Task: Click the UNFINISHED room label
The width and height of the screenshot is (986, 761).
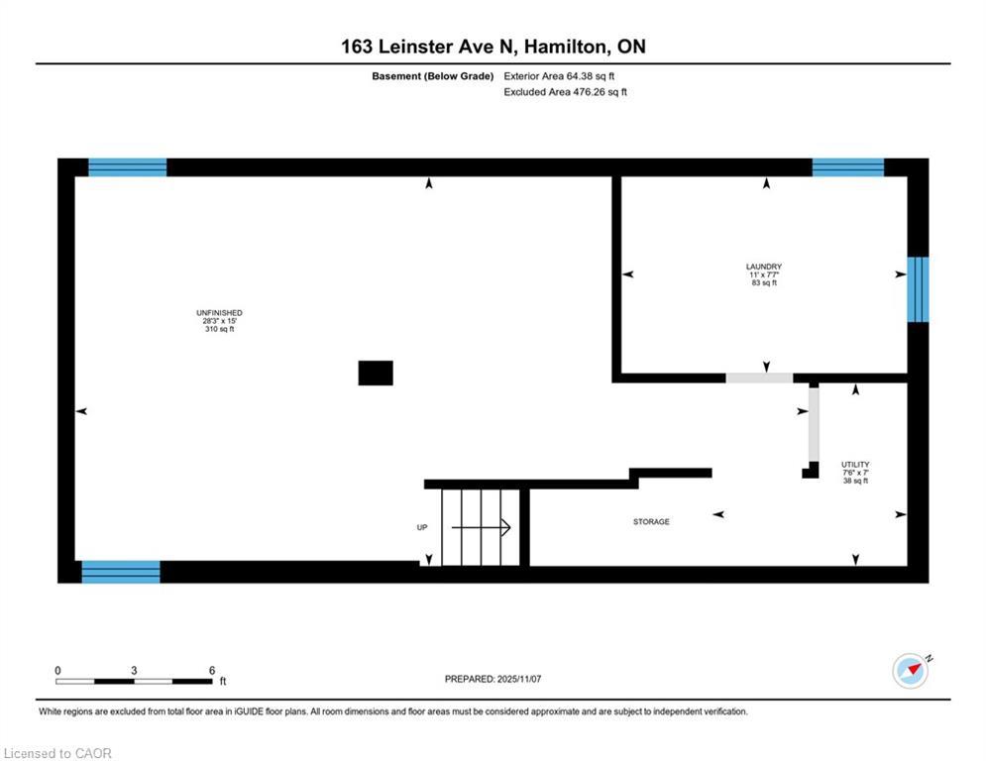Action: pyautogui.click(x=219, y=312)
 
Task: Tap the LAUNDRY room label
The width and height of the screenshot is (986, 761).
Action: pyautogui.click(x=764, y=267)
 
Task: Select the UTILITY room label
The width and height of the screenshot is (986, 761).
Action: pyautogui.click(x=855, y=465)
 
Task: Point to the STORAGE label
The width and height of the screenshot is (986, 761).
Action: pyautogui.click(x=651, y=521)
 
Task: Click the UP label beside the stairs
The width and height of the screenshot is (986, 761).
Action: pyautogui.click(x=422, y=527)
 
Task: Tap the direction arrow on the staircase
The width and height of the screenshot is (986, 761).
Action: pyautogui.click(x=481, y=527)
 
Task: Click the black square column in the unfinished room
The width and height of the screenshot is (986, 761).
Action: pyautogui.click(x=376, y=373)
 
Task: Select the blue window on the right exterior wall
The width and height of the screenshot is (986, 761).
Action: pyautogui.click(x=918, y=289)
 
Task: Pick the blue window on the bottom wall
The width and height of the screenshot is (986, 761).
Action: pyautogui.click(x=121, y=572)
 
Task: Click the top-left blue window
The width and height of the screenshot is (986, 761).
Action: pyautogui.click(x=128, y=167)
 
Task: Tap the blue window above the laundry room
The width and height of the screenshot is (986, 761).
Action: pyautogui.click(x=848, y=167)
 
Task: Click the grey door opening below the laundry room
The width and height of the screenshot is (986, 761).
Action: pyautogui.click(x=760, y=378)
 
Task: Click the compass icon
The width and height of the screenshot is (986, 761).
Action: pyautogui.click(x=911, y=671)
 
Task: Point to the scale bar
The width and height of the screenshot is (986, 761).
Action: pyautogui.click(x=134, y=681)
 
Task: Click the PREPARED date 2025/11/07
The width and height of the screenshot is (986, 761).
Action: pyautogui.click(x=519, y=679)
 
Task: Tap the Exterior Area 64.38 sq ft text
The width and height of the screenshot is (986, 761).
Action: pyautogui.click(x=559, y=76)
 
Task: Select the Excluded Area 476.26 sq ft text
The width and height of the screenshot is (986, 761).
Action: pyautogui.click(x=565, y=92)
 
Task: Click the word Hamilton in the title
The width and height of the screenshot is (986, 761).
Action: pyautogui.click(x=567, y=47)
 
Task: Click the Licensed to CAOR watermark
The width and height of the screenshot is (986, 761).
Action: pyautogui.click(x=57, y=753)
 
